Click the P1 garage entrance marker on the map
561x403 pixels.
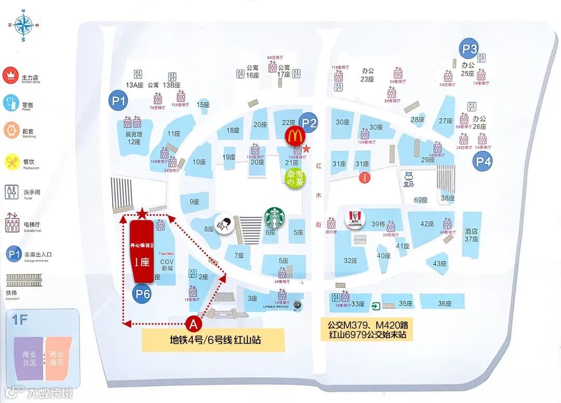tap(119, 101)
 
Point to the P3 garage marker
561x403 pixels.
tap(469, 49)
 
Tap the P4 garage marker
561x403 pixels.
tap(483, 161)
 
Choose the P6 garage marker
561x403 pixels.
tap(143, 295)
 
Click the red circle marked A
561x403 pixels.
tap(194, 324)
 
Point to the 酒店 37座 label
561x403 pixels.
tap(471, 235)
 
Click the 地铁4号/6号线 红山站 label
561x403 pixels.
tap(214, 341)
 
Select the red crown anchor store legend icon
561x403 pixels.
tap(10, 75)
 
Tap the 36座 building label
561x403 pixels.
tap(445, 303)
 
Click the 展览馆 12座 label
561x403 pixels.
tap(133, 138)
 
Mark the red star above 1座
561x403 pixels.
tap(142, 213)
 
